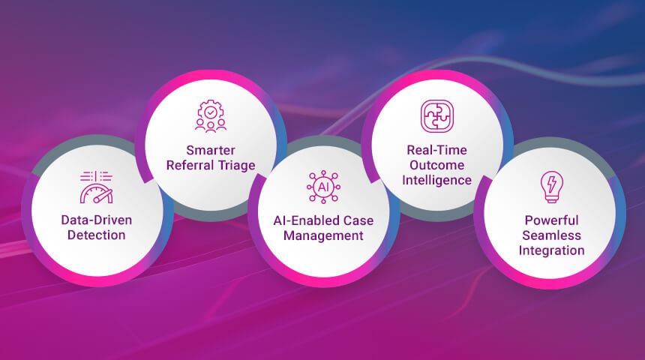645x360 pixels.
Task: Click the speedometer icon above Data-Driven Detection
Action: pyautogui.click(x=95, y=187)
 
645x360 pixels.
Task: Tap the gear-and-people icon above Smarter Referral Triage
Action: pyautogui.click(x=211, y=117)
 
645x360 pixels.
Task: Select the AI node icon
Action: pyautogui.click(x=323, y=186)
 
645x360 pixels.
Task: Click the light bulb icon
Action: pyautogui.click(x=551, y=187)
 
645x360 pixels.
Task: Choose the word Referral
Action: pyautogui.click(x=196, y=166)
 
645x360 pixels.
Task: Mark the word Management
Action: pyautogui.click(x=323, y=235)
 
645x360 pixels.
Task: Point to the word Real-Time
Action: pyautogui.click(x=436, y=151)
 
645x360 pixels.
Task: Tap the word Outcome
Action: pyautogui.click(x=436, y=165)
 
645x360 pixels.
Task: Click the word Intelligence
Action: pyautogui.click(x=436, y=180)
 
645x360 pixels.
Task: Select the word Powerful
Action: pyautogui.click(x=551, y=220)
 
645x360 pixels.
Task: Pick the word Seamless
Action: pyautogui.click(x=551, y=235)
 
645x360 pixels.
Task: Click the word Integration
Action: pyautogui.click(x=551, y=250)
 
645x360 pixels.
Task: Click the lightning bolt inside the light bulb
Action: pyautogui.click(x=551, y=183)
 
